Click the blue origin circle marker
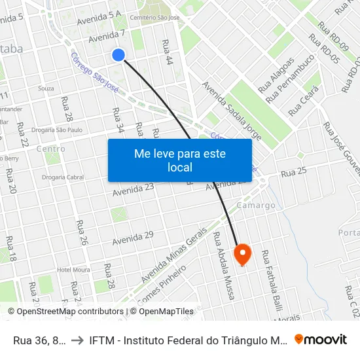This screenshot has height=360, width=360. click(x=118, y=55)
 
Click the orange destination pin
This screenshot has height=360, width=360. click(x=242, y=253)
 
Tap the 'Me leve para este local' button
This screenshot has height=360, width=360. click(x=180, y=160)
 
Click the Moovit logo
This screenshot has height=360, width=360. click(x=321, y=339)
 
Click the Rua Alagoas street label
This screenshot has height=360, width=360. click(x=274, y=77)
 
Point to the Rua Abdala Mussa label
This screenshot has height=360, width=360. click(x=225, y=265)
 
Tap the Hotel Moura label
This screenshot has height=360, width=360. click(x=73, y=270)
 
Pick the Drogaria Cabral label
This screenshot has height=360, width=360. click(x=63, y=177)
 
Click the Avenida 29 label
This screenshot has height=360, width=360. click(x=132, y=239)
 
